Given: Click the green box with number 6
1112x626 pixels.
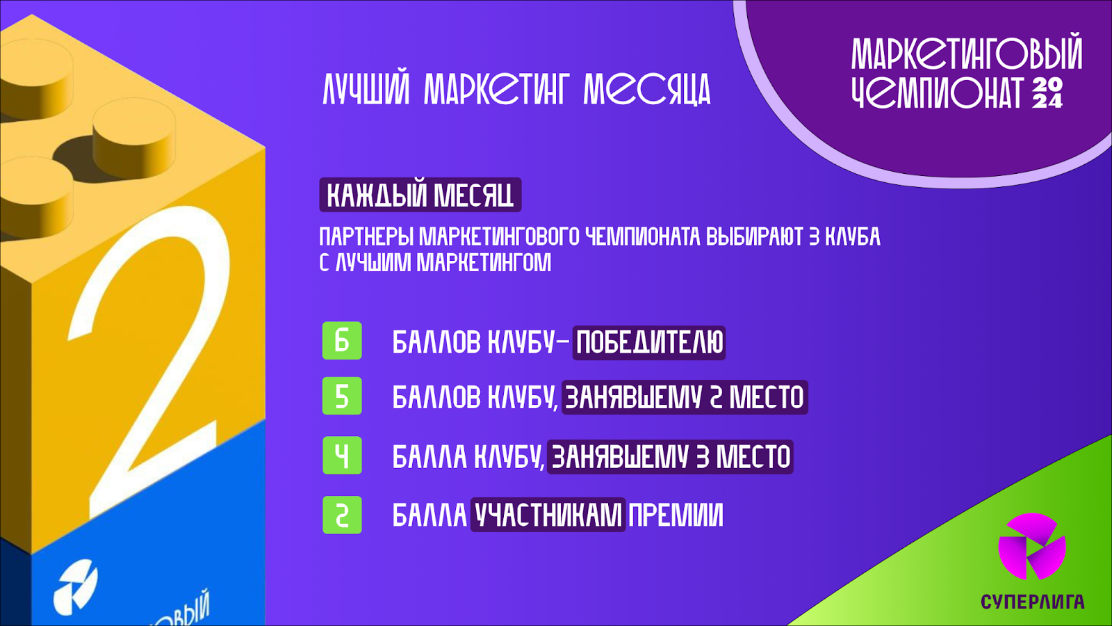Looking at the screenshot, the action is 342,341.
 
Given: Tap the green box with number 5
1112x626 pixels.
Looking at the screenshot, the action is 342,396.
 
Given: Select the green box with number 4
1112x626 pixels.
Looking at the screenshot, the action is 342,456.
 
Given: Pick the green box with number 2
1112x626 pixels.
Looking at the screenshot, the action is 342,515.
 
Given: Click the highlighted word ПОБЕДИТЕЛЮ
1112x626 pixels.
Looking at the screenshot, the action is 649,343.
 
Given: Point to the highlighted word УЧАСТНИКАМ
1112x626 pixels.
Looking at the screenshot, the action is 548,515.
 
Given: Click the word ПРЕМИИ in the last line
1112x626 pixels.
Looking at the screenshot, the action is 676,515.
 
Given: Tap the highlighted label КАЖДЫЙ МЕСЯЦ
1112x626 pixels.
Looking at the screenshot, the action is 420,195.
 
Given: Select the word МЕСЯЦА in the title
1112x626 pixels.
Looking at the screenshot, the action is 647,90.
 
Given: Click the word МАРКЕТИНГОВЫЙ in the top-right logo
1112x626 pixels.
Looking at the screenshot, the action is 967,51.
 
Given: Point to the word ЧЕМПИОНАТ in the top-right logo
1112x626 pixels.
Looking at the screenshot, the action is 938,92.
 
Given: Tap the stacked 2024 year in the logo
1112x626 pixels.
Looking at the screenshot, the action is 1047,93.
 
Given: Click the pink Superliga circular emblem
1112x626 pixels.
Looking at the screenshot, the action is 1031,547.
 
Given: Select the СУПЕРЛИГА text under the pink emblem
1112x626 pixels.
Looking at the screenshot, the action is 1032,602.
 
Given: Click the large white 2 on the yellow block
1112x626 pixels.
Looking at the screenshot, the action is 149,362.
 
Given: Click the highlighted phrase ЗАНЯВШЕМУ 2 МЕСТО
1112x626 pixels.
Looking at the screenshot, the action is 685,397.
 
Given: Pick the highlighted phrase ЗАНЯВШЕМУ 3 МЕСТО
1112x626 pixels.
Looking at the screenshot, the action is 670,456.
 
